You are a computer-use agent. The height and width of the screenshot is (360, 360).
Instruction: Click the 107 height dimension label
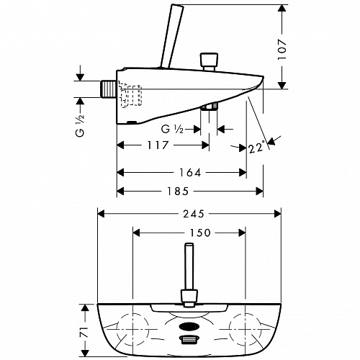click(x=282, y=50)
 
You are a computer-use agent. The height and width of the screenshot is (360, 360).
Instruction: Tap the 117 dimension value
click(x=158, y=145)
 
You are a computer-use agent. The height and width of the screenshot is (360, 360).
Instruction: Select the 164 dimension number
click(x=190, y=173)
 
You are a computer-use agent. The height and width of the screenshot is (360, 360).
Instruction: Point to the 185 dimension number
click(x=178, y=192)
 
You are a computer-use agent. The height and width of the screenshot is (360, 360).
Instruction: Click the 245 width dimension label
click(x=194, y=214)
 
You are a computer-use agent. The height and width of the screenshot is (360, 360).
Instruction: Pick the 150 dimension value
click(x=200, y=233)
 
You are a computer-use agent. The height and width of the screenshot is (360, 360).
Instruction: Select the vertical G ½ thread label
click(x=80, y=125)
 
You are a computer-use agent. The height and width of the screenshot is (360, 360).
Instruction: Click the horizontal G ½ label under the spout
click(x=172, y=130)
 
